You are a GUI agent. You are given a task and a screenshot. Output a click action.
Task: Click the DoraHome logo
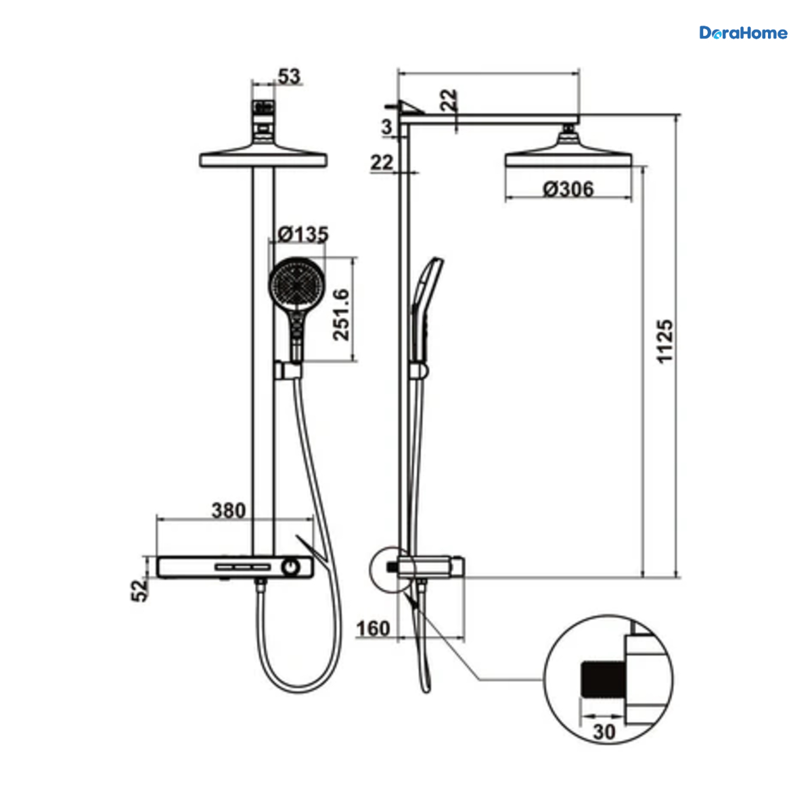(x=743, y=33)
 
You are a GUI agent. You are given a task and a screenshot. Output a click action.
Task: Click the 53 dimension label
(x=290, y=76)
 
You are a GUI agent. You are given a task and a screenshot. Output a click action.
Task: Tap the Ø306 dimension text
(x=568, y=189)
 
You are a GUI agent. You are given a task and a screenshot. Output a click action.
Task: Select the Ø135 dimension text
(x=303, y=234)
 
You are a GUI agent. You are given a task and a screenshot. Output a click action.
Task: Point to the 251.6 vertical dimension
(x=341, y=315)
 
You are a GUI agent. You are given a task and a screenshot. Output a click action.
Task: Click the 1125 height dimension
(x=665, y=341)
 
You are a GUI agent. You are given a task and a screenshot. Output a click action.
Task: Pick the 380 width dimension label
(x=229, y=510)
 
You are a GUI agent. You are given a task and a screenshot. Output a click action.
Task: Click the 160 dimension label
(x=373, y=629)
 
